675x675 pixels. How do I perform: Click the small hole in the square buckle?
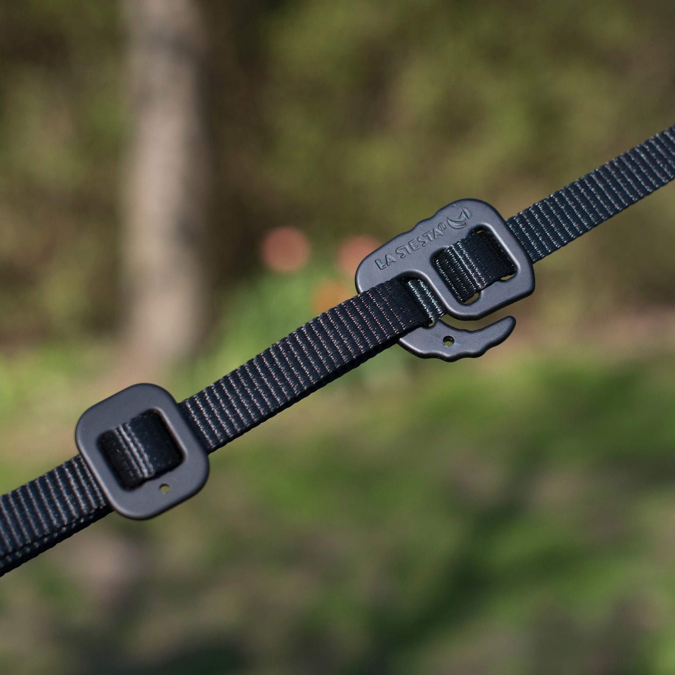pos(164,488)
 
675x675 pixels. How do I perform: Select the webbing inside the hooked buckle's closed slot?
pos(474,266)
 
